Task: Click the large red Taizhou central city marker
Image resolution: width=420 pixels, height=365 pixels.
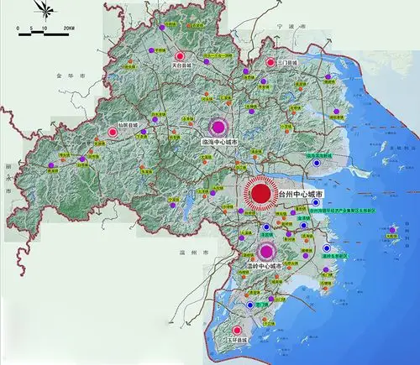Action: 261,194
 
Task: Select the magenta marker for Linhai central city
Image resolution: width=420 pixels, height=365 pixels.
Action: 218,127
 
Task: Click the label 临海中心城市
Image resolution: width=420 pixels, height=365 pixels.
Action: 222,143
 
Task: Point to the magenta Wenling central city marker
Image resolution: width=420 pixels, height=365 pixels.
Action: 267,250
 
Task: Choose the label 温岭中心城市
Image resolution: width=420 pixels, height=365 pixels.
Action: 264,266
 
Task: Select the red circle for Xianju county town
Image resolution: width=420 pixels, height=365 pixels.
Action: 113,130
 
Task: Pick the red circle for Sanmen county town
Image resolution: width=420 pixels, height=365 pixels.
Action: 270,62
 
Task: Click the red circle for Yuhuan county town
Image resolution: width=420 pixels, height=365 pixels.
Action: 238,331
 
